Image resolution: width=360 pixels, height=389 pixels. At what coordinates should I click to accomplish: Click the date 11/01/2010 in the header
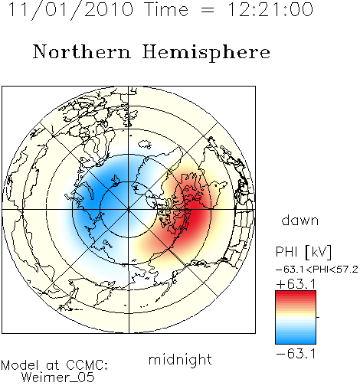[71, 10]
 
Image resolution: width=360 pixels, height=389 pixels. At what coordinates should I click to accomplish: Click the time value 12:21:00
[270, 9]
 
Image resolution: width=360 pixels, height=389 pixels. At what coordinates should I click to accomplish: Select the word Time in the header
[166, 9]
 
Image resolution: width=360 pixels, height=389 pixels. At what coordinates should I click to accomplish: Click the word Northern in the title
[82, 51]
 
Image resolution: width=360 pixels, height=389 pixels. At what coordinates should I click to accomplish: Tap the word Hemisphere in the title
[206, 53]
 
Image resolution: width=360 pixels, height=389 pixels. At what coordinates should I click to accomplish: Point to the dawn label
[300, 220]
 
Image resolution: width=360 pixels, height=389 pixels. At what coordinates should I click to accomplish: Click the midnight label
[180, 359]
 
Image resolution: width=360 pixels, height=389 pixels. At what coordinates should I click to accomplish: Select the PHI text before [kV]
[286, 252]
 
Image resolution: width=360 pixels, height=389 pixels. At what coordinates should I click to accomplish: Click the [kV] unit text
[319, 252]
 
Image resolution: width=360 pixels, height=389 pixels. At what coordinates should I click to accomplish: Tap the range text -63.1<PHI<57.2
[317, 270]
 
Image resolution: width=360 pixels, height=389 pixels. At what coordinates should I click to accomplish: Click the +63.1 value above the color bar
[296, 284]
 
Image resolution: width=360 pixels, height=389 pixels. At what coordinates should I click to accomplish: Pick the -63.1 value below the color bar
[296, 354]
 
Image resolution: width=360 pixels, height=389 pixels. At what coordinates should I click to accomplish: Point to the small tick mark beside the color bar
[318, 317]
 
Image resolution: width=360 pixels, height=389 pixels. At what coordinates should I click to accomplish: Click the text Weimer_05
[58, 377]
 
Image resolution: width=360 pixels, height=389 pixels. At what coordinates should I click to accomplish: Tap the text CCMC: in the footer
[87, 365]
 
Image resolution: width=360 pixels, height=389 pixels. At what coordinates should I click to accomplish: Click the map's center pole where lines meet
[129, 210]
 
